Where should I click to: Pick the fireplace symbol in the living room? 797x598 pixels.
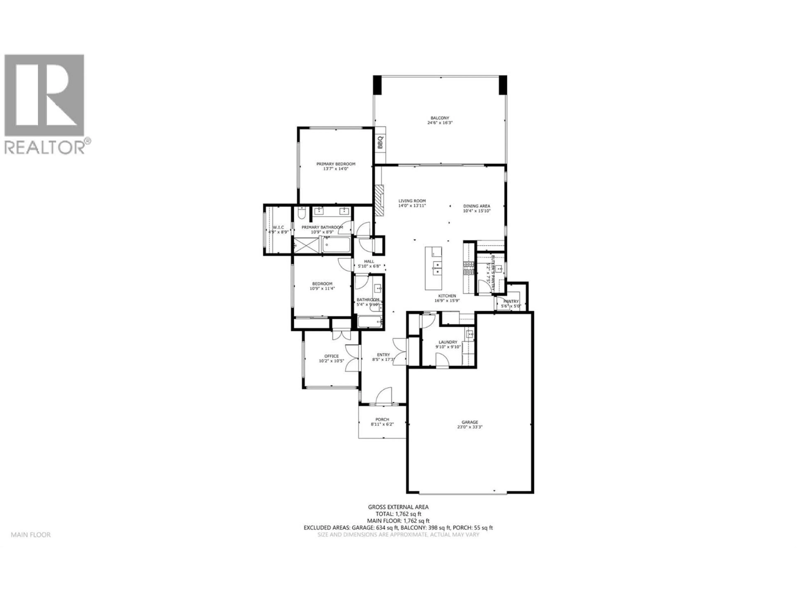coord(379,201)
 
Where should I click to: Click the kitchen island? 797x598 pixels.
coord(433,268)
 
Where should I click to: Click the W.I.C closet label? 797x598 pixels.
coord(278,227)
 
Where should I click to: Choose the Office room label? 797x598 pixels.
coord(331,356)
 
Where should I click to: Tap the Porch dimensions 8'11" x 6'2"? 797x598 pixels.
coord(382,424)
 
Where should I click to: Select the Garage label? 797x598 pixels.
coord(470,422)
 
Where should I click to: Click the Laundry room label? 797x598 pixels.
coord(448,342)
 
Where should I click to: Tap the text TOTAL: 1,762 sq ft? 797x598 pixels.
coord(398,514)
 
